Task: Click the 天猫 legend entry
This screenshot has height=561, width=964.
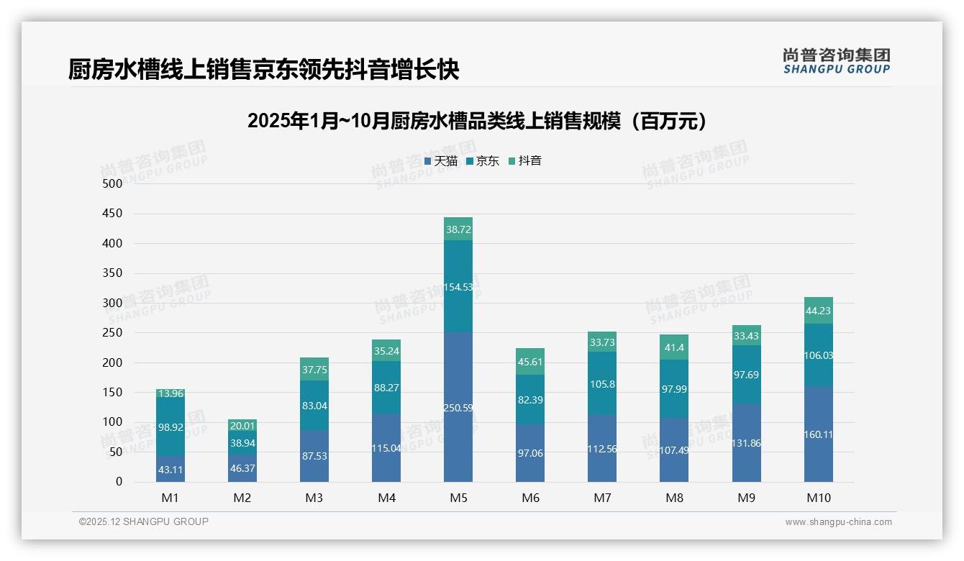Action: coord(440,161)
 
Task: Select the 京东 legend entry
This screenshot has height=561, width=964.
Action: coord(483,161)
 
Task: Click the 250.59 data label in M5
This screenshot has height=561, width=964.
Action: coord(458,408)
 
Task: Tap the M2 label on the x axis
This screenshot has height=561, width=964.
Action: coord(242,498)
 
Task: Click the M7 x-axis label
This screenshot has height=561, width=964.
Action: coord(602,498)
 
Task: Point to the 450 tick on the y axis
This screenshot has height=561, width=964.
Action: coord(113,214)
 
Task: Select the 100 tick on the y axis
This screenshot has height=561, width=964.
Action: coord(113,422)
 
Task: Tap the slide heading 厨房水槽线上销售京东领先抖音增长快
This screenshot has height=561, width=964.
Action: coord(263,70)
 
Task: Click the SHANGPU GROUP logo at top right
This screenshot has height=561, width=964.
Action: coord(836,61)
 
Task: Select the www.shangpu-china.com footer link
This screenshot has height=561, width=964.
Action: coord(838,522)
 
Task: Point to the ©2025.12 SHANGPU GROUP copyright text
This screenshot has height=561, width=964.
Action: coord(144,521)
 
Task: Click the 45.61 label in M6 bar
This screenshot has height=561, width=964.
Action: coord(530,362)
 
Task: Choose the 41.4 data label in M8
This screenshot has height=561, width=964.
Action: coord(674,347)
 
